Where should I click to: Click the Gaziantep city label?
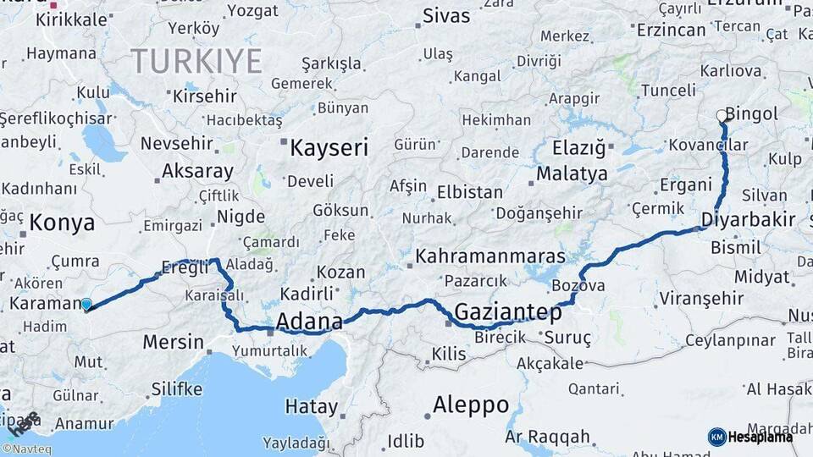[x=508, y=312]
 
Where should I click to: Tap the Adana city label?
[x=310, y=322]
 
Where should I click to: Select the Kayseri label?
[x=329, y=149]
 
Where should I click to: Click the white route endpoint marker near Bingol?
[x=722, y=115]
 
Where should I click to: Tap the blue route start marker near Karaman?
[x=86, y=304]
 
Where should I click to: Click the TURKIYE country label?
[x=196, y=61]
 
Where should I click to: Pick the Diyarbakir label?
[x=749, y=220]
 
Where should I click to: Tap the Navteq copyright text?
[x=26, y=449]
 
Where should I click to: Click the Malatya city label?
[x=572, y=174]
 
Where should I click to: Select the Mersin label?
[x=174, y=343]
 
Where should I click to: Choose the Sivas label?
[x=445, y=15]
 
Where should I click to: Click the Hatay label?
[x=311, y=406]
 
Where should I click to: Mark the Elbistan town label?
[x=470, y=192]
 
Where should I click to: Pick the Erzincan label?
[x=671, y=30]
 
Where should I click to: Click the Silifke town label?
[x=177, y=389]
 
